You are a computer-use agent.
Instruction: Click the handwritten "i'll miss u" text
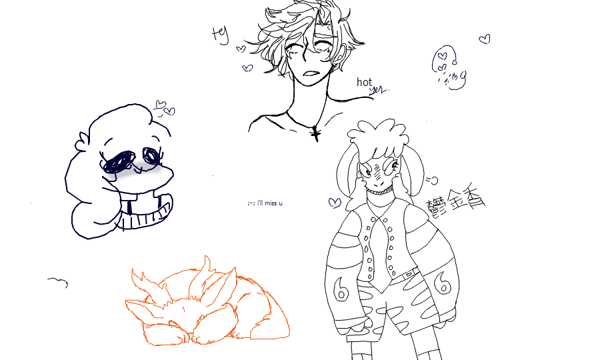pos(265,203)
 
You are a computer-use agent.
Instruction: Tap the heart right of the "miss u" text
pos(335,202)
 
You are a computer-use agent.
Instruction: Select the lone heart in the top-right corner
pos(485,39)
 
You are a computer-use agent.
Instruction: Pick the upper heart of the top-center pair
pos(241,49)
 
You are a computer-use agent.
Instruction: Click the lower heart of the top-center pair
pos(248,67)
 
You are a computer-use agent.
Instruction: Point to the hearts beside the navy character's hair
pos(164,107)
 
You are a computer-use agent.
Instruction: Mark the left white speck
pos(368,173)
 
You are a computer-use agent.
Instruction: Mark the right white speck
pos(395,164)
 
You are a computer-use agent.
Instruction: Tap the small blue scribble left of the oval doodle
pos(377,91)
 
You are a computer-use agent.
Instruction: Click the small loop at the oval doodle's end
pos(463,77)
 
